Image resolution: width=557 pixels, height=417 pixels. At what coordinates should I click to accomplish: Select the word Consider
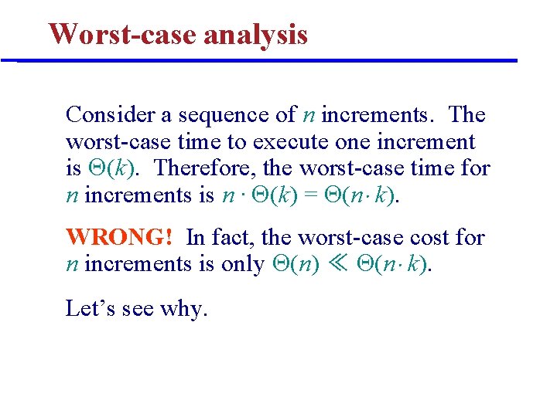tap(111, 115)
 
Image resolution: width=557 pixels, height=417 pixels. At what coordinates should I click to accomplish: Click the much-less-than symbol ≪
tap(340, 264)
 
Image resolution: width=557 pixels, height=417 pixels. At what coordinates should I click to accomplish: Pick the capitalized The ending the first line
tap(466, 115)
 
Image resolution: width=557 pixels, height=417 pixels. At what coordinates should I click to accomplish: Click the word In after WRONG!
tap(195, 237)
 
